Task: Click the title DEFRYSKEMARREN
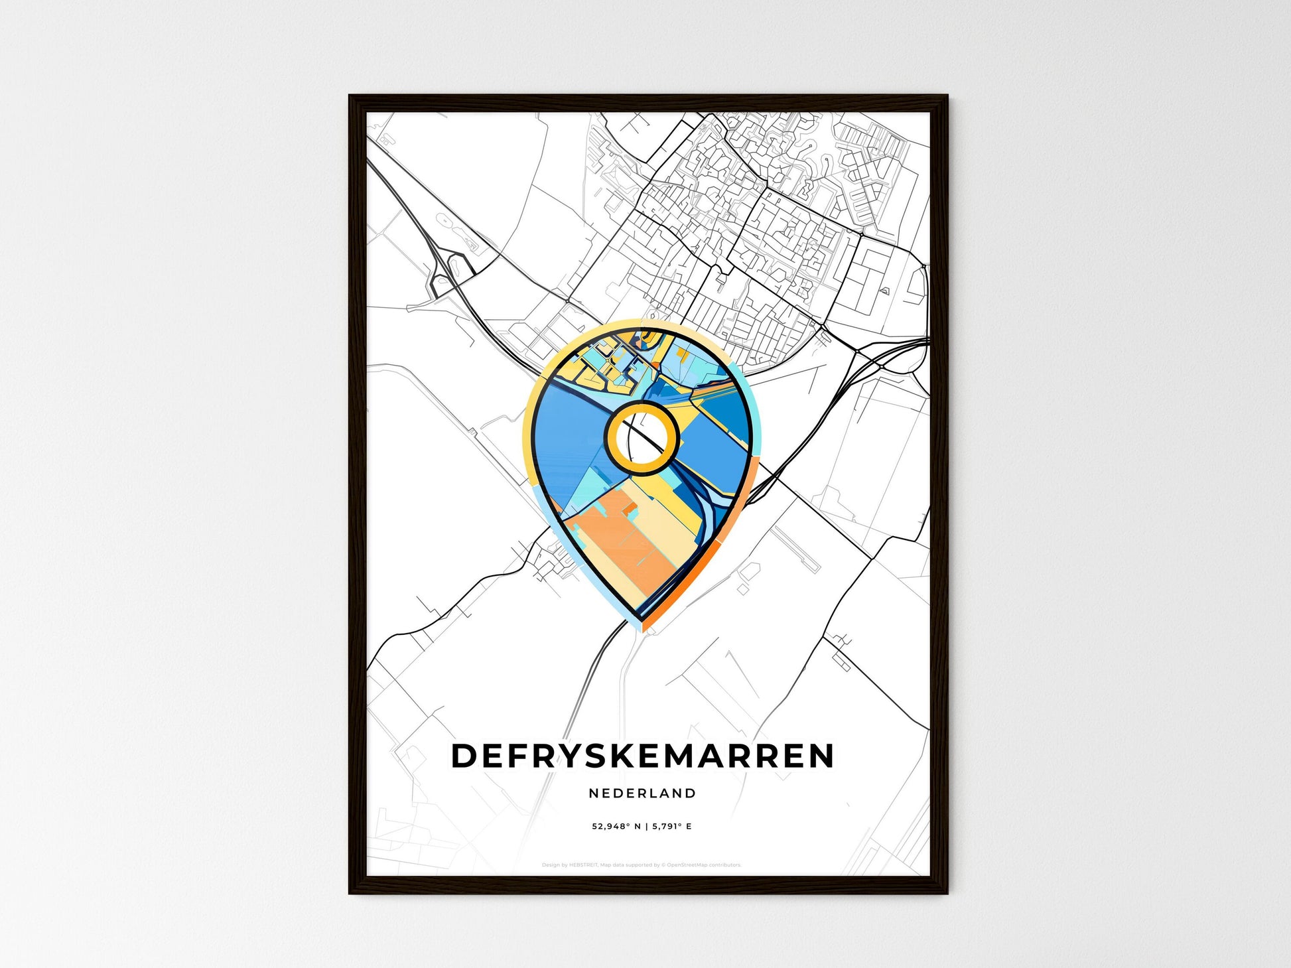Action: (642, 756)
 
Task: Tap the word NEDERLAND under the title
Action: (642, 793)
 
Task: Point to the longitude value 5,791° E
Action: (671, 827)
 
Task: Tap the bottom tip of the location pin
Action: (642, 620)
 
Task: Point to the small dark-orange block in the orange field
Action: (630, 508)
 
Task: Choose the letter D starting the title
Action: (464, 756)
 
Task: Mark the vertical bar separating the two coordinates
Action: (646, 827)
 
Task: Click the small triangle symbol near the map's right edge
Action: (885, 290)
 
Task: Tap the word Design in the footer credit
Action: (551, 865)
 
